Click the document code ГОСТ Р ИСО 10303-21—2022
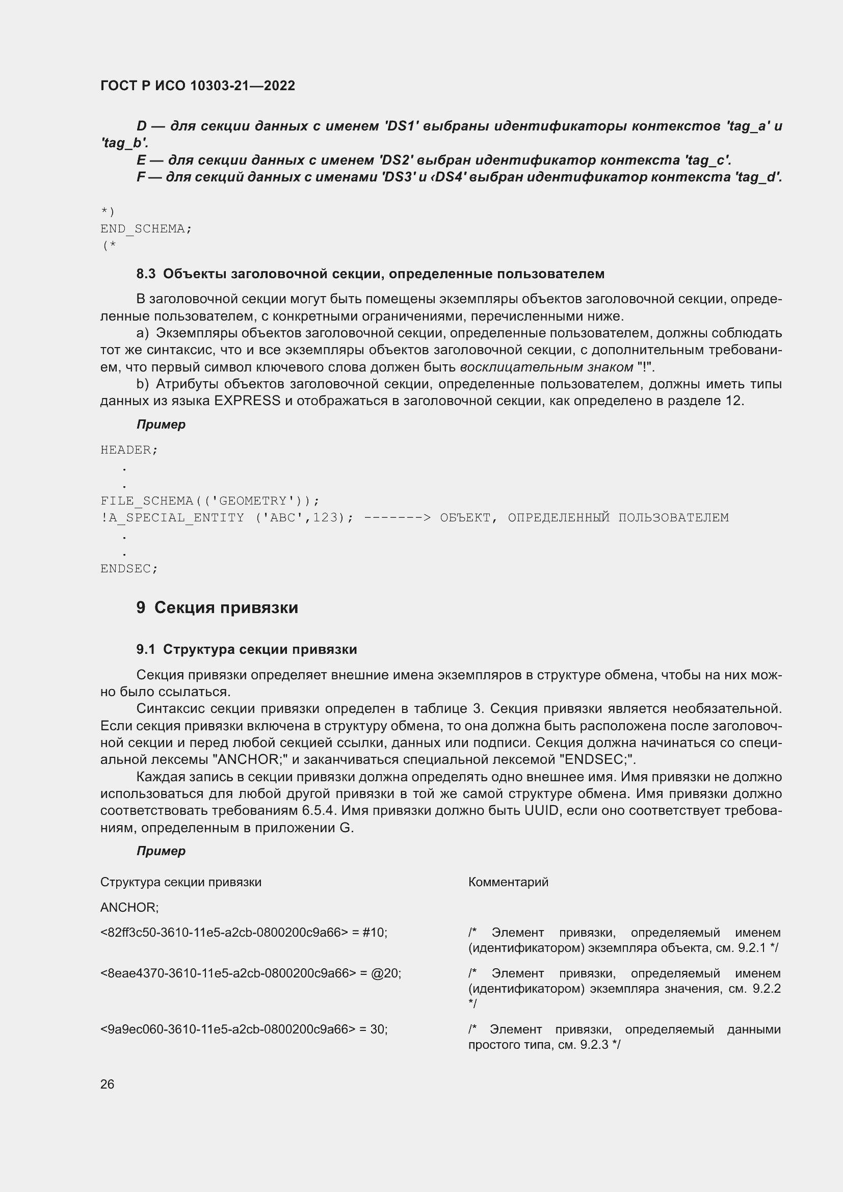tap(197, 86)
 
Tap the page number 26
tap(107, 1084)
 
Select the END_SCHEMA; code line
tap(146, 229)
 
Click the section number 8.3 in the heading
tap(146, 274)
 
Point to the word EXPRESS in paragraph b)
tap(247, 401)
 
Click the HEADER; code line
tap(129, 450)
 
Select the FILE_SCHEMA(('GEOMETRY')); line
tap(209, 501)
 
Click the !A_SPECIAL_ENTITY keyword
tap(172, 518)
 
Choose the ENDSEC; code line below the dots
tap(129, 569)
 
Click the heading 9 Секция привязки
tap(217, 608)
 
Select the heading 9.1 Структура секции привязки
tap(247, 650)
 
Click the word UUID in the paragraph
tap(542, 811)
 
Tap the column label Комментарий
tap(508, 882)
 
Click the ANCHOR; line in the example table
tap(129, 908)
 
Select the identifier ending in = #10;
tap(244, 933)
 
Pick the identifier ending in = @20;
tap(250, 973)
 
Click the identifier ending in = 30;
tap(244, 1029)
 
